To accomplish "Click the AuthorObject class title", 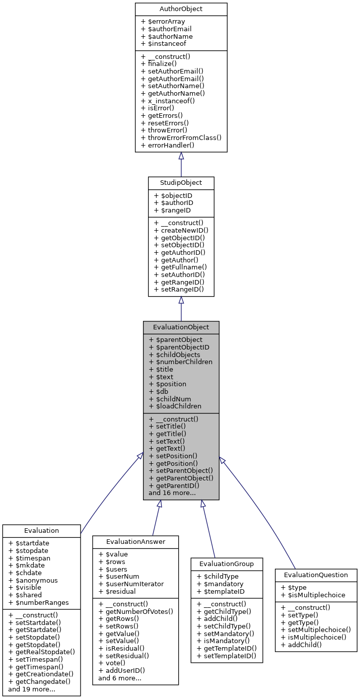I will click(181, 9).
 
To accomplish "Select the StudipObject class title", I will click(181, 182).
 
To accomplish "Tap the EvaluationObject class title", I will click(181, 327).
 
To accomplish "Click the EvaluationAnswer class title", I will click(135, 541).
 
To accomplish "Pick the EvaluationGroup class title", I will click(227, 564).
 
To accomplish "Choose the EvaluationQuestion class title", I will click(316, 575).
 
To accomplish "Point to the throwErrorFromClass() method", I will click(181, 137).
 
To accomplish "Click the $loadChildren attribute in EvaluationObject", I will click(175, 406).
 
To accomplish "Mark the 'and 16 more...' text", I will click(172, 493).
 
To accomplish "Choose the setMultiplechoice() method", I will click(316, 630).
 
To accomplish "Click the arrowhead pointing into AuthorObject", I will click(181, 156).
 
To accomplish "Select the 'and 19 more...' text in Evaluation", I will click(32, 689).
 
